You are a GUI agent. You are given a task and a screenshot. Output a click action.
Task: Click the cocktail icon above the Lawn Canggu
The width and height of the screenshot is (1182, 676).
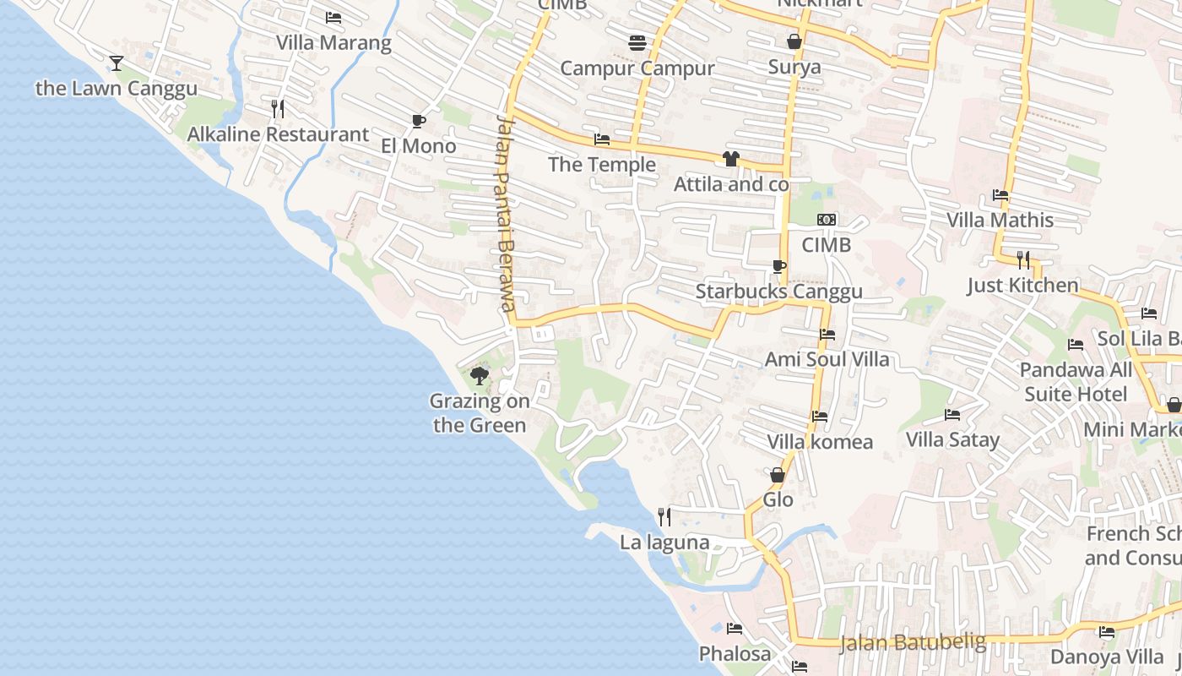coord(117,63)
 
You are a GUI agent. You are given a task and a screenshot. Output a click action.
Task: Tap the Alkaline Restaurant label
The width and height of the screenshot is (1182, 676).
coord(278,134)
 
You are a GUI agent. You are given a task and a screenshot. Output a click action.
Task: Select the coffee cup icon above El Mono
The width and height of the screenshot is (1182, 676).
coord(418,122)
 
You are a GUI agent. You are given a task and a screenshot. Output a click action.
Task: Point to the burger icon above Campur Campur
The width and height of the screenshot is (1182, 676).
coord(637,42)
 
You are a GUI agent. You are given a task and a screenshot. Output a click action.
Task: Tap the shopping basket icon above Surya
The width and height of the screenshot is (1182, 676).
coord(794,41)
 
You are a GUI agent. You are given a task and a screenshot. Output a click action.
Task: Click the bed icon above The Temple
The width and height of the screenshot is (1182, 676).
coord(602,139)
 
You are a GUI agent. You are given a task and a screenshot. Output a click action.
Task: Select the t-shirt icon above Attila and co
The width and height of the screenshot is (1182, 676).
coord(731,159)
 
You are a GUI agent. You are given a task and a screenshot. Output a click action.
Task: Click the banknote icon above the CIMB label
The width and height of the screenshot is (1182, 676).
coord(827,220)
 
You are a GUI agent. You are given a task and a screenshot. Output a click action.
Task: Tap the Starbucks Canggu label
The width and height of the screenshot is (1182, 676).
coord(778,292)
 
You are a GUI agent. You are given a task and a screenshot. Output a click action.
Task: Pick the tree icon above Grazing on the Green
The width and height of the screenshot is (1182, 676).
coord(480,376)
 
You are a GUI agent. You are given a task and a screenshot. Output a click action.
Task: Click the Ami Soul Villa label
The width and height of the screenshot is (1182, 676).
coord(827,359)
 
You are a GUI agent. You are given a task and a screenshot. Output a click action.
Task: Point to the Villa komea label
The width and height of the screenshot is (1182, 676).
coord(820,442)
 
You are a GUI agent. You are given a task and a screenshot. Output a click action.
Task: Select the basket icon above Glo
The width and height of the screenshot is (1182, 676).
coord(778,476)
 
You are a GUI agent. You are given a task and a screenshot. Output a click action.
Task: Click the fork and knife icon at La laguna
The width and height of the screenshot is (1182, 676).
coord(664,516)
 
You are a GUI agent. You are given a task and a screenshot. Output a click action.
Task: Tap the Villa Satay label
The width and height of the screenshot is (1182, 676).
coord(952,439)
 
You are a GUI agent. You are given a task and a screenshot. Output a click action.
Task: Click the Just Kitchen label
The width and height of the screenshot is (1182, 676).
coord(1022,285)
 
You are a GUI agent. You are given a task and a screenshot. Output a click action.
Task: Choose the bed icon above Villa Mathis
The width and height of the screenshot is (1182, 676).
coord(1000,195)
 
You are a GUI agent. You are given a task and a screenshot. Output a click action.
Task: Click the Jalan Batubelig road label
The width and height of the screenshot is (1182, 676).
coord(913,642)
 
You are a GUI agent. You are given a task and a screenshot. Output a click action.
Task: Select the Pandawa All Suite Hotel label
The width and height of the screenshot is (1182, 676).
coord(1076,382)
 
